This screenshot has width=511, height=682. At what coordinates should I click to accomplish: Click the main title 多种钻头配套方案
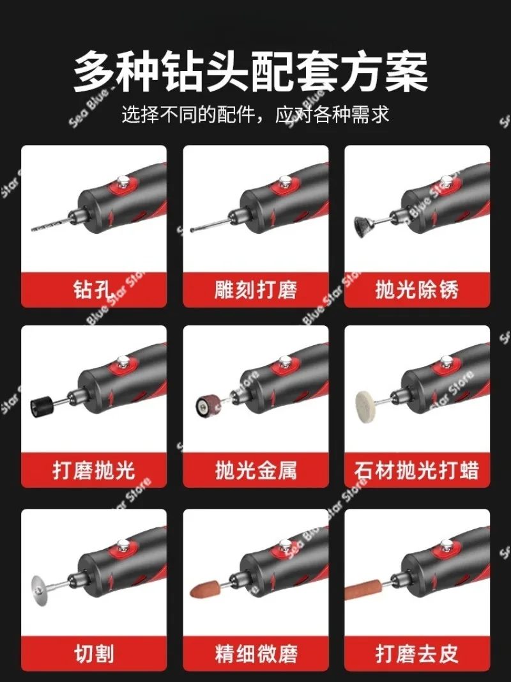coord(250,72)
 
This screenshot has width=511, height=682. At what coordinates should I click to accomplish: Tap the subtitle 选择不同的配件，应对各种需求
coord(256,115)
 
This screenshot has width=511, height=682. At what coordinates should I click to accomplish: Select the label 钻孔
coord(93,291)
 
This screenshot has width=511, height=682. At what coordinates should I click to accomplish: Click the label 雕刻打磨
coord(256,291)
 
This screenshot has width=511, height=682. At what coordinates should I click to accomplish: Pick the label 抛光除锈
coord(417,291)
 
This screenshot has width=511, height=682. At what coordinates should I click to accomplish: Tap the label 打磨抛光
coord(93,471)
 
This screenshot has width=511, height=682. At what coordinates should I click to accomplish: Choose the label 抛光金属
coord(256,471)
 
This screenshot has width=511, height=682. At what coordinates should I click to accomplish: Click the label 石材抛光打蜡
coord(417,471)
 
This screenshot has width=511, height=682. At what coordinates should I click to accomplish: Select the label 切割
coord(93,654)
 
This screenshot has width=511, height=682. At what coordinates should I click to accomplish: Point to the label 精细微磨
coord(256,654)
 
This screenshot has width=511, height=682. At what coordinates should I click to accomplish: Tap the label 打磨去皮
coord(417,654)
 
